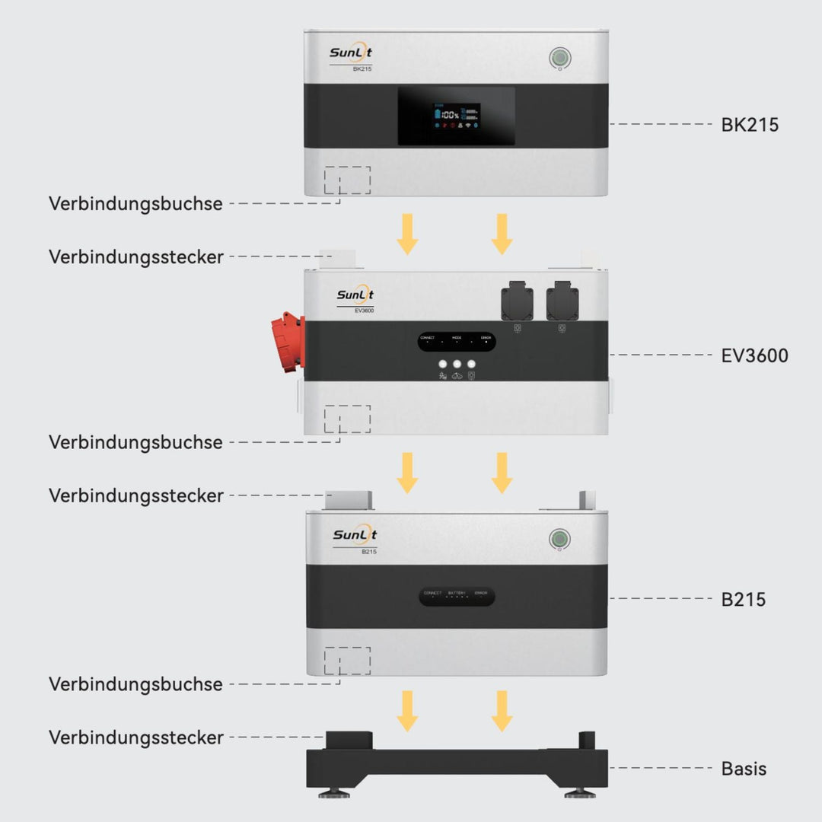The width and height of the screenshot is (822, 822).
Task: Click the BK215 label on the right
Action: click(750, 125)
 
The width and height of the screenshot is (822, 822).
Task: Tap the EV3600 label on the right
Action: click(754, 355)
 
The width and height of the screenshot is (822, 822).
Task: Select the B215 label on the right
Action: click(743, 599)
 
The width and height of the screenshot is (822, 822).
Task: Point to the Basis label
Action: click(744, 769)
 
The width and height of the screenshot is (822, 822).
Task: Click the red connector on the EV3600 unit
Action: click(288, 342)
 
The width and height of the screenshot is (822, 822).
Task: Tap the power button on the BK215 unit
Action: click(560, 58)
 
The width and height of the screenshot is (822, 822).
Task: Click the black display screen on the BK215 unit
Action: click(456, 116)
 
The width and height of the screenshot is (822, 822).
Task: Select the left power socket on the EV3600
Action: click(518, 302)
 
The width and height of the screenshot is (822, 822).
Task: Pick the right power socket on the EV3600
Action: click(562, 302)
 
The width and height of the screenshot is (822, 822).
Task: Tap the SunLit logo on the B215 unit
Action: click(354, 535)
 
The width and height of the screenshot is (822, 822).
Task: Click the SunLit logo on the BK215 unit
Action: click(351, 53)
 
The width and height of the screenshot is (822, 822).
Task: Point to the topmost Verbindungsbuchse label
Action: click(136, 204)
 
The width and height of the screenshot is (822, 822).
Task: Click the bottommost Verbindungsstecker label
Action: click(136, 738)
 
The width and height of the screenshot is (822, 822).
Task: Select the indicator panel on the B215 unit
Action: click(457, 596)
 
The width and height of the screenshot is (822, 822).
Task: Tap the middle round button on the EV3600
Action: click(457, 365)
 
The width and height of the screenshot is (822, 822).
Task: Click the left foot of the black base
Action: click(333, 793)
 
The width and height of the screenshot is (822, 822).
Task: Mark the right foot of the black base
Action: click(580, 793)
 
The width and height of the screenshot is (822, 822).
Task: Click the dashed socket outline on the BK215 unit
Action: click(347, 180)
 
